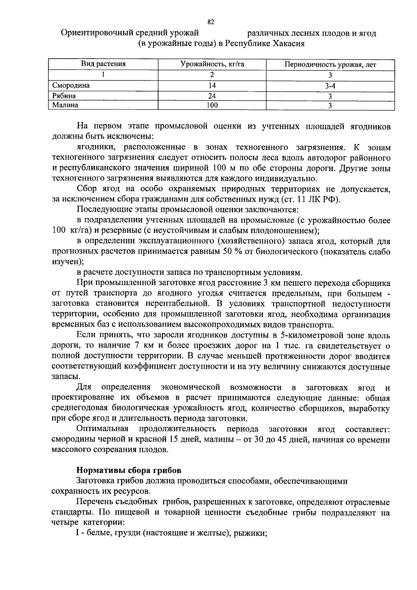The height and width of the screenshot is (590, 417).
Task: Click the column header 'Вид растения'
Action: [x=103, y=64]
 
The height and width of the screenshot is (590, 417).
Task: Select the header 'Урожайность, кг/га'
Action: [x=212, y=64]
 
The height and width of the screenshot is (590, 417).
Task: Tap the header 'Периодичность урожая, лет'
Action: [x=330, y=65]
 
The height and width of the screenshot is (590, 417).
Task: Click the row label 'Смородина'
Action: [x=71, y=86]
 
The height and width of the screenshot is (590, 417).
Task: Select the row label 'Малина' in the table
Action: [x=65, y=105]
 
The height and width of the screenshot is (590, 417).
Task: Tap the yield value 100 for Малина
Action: [x=212, y=105]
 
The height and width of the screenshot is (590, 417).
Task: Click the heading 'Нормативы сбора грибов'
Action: [x=129, y=471]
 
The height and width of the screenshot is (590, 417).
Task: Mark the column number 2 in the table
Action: [x=212, y=75]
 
